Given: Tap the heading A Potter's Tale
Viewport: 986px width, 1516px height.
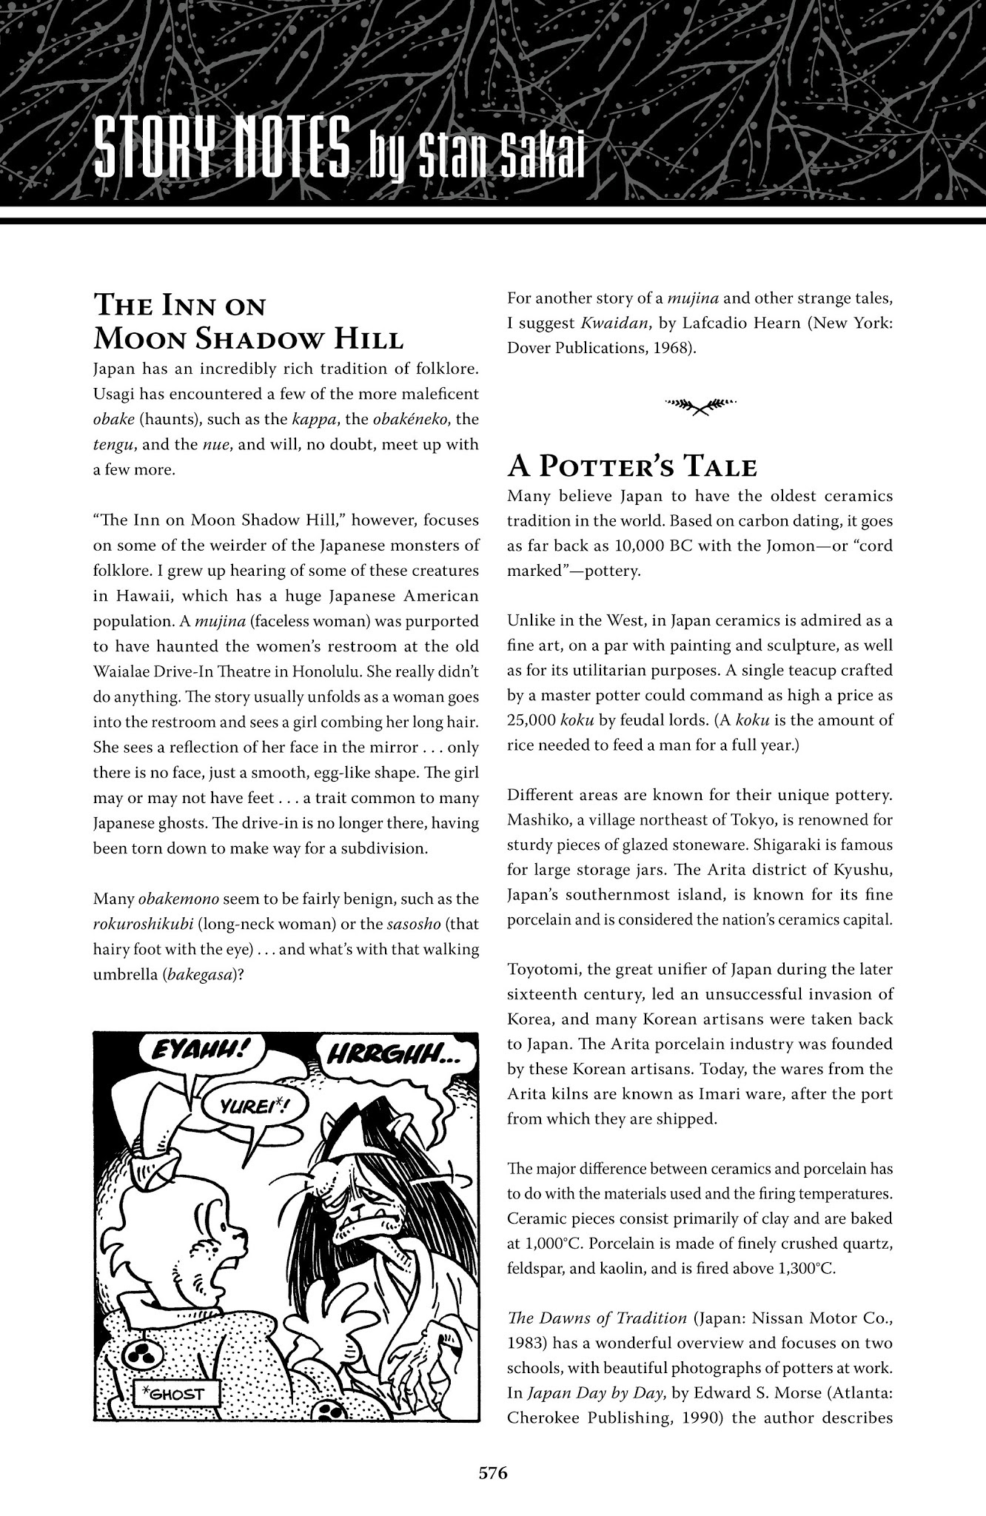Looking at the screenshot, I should pyautogui.click(x=631, y=468).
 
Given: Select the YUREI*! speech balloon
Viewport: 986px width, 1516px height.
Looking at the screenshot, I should pyautogui.click(x=247, y=1109).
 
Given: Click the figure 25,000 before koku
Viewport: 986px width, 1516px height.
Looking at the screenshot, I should pyautogui.click(x=531, y=720).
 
